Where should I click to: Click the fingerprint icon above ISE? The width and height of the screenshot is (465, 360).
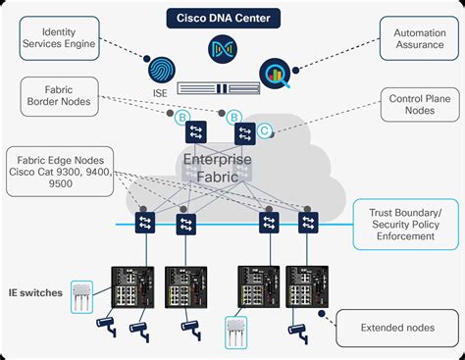coord(163,71)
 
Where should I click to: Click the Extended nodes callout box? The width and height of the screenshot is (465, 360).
coord(396,327)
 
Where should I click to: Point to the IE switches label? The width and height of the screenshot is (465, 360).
coord(35,292)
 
